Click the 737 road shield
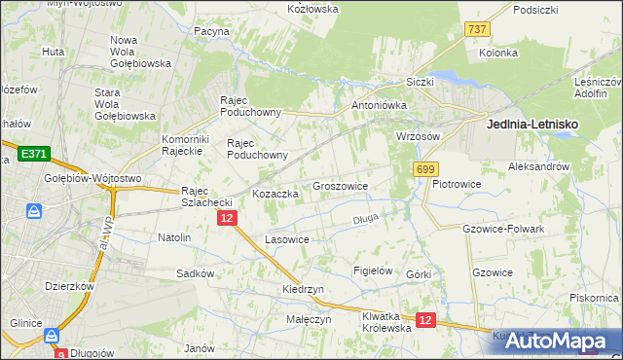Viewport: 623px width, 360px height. point(477,30)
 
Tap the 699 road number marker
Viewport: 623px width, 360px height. point(424,169)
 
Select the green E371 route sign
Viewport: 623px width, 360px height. point(33,154)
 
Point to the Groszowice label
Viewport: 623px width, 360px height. point(340,186)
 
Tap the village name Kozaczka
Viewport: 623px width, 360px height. point(275,194)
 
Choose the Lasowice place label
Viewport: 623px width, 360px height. point(287,239)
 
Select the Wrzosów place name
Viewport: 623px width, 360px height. point(420,137)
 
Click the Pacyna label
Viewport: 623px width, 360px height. point(211,31)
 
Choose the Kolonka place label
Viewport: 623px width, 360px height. point(497,53)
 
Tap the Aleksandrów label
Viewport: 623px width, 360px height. point(538,167)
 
